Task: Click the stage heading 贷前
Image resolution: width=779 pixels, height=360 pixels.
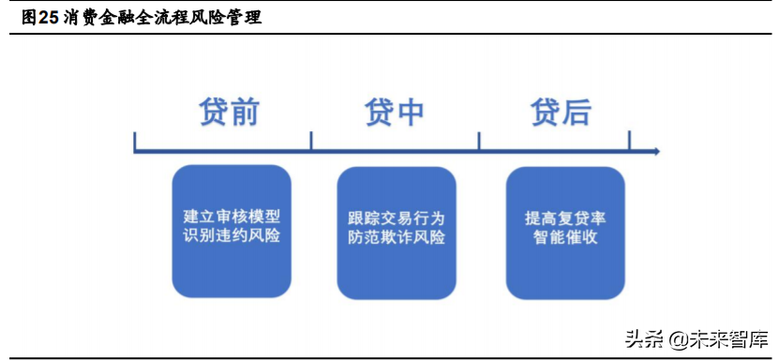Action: click(230, 111)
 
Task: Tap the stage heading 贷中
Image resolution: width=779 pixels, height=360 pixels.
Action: click(395, 111)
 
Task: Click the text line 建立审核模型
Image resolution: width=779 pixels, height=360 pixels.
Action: click(232, 215)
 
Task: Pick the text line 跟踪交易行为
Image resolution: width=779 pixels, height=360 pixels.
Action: click(396, 217)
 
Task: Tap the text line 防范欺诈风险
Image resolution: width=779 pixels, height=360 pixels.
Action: click(396, 237)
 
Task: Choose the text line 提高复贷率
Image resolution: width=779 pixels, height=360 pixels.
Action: click(565, 217)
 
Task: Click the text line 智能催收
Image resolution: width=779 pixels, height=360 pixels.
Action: click(565, 237)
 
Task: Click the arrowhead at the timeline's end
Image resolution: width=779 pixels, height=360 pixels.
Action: click(656, 151)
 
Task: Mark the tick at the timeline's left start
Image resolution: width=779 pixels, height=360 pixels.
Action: click(136, 142)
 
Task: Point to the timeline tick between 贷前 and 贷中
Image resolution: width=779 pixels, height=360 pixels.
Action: click(311, 142)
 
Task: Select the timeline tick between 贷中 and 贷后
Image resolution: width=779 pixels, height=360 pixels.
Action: click(479, 142)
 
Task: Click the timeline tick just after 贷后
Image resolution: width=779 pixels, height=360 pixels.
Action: click(629, 142)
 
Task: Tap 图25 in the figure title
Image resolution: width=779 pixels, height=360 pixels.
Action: click(40, 17)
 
